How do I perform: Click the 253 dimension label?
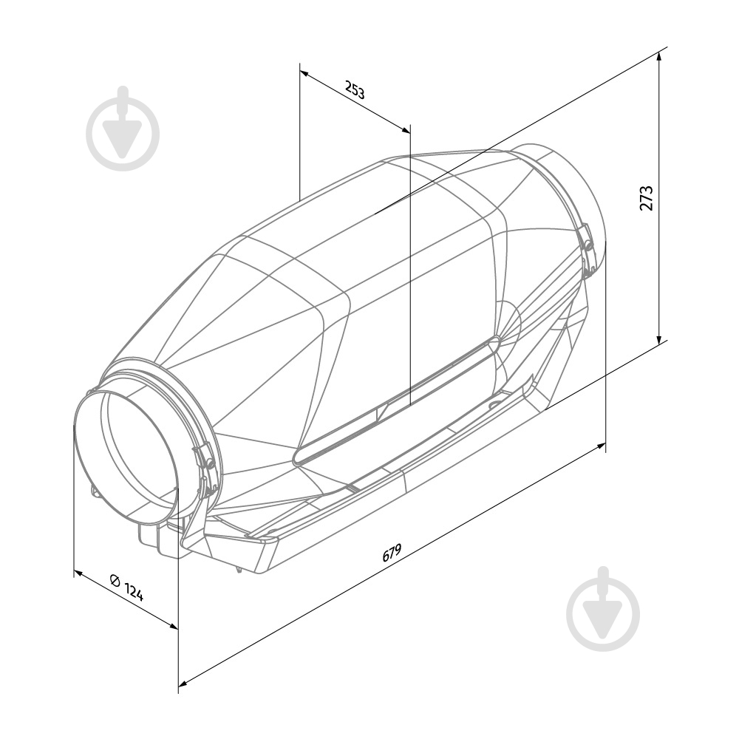355,90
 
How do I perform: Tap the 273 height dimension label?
647,198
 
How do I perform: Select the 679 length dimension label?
392,553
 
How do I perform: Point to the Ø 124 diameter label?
126,588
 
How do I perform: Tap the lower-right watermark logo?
603,609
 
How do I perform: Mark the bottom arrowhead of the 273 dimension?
659,340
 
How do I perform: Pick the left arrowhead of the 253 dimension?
304,73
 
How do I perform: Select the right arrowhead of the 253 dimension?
405,129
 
